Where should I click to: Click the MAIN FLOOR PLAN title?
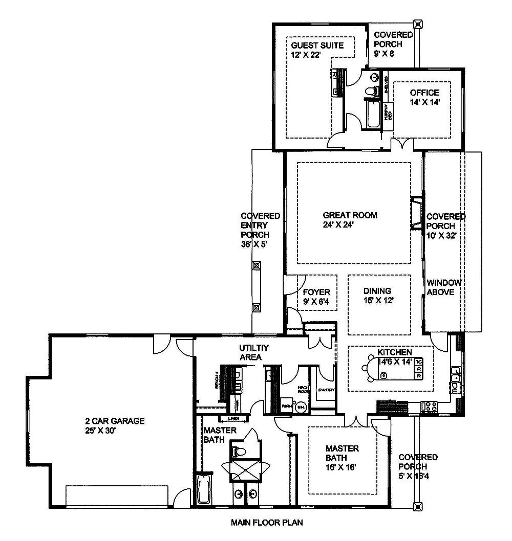pyautogui.click(x=267, y=523)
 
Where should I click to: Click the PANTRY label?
pyautogui.click(x=326, y=390)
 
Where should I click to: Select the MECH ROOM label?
pyautogui.click(x=303, y=389)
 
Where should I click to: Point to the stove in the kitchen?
pyautogui.click(x=428, y=407)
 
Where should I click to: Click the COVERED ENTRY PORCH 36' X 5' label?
pyautogui.click(x=260, y=230)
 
